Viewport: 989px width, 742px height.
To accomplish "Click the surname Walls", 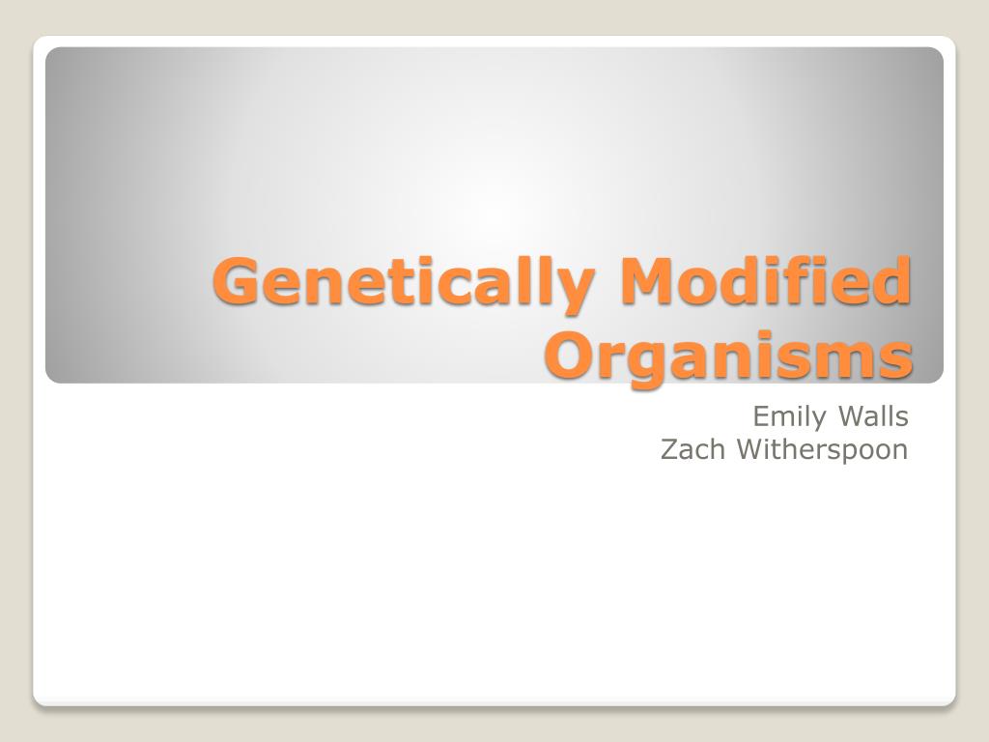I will click(x=873, y=416).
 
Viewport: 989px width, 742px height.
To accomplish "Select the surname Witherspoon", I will click(x=822, y=450).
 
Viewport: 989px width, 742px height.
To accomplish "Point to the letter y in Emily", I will click(x=820, y=421).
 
